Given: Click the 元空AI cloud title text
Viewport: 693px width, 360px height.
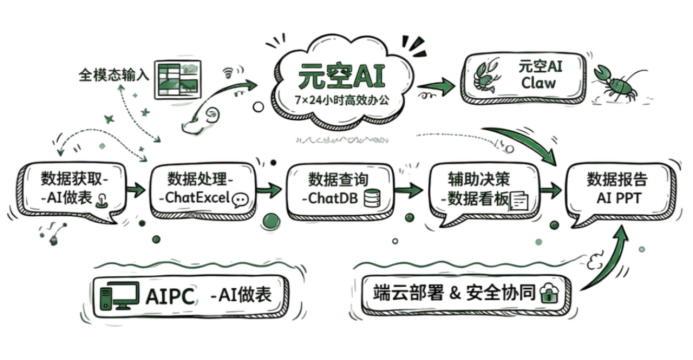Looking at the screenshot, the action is [341, 76].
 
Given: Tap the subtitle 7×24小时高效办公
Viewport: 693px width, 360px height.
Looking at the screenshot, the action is [342, 100].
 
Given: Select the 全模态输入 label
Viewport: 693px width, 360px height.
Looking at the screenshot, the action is [114, 75].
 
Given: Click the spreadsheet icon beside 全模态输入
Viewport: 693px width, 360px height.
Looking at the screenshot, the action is [178, 79].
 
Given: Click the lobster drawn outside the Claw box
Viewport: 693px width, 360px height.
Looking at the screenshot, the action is [617, 83].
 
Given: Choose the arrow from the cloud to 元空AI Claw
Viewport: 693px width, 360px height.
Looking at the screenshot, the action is [436, 86].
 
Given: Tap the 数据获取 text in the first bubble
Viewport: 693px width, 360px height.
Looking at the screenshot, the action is [72, 179].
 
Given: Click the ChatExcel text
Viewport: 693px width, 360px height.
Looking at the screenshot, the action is [198, 197].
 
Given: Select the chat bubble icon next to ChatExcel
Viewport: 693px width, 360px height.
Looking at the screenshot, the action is [241, 200].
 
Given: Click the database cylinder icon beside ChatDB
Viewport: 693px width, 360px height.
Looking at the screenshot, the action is [372, 198].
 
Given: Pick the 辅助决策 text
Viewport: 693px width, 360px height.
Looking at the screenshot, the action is [479, 179].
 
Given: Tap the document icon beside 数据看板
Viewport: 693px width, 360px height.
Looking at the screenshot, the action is [519, 201].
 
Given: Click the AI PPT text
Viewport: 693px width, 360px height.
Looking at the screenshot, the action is [619, 198].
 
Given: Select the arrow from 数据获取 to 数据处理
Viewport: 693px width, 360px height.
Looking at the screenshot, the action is [136, 190].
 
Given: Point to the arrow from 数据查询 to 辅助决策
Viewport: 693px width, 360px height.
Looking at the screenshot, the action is [409, 190].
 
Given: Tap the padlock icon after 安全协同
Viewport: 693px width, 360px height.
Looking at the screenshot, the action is [549, 293].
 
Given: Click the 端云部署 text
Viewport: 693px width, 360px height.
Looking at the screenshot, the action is [407, 293].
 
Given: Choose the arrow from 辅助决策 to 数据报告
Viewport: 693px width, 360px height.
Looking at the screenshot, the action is [551, 190].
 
